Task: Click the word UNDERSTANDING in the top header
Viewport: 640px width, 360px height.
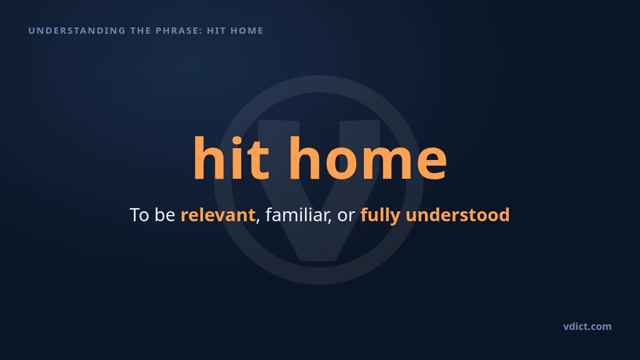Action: point(77,31)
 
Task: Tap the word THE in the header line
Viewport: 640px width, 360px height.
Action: point(140,31)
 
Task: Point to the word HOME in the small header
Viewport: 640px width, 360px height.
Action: point(247,31)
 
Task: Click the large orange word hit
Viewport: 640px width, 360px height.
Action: point(231,158)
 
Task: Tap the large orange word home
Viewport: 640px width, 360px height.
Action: point(368,158)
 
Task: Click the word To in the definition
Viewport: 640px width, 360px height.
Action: point(139,215)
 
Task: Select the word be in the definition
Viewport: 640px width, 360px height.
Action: point(165,215)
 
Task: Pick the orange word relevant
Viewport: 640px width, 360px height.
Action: point(218,215)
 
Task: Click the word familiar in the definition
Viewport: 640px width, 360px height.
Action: point(297,215)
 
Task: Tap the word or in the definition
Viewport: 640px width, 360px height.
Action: point(346,216)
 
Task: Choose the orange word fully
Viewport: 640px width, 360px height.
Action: point(381,216)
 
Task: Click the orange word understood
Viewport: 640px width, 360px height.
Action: point(457,215)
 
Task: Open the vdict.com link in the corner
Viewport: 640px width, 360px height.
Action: point(587,326)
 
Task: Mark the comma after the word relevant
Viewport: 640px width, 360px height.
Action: point(257,221)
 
